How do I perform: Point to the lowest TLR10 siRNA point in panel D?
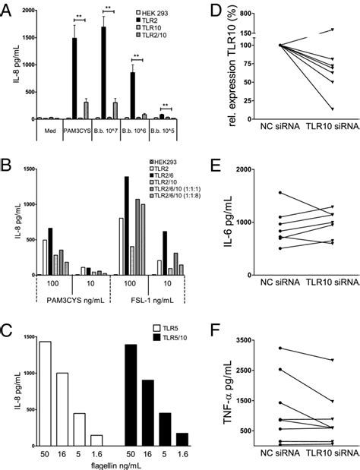coord(331,109)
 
